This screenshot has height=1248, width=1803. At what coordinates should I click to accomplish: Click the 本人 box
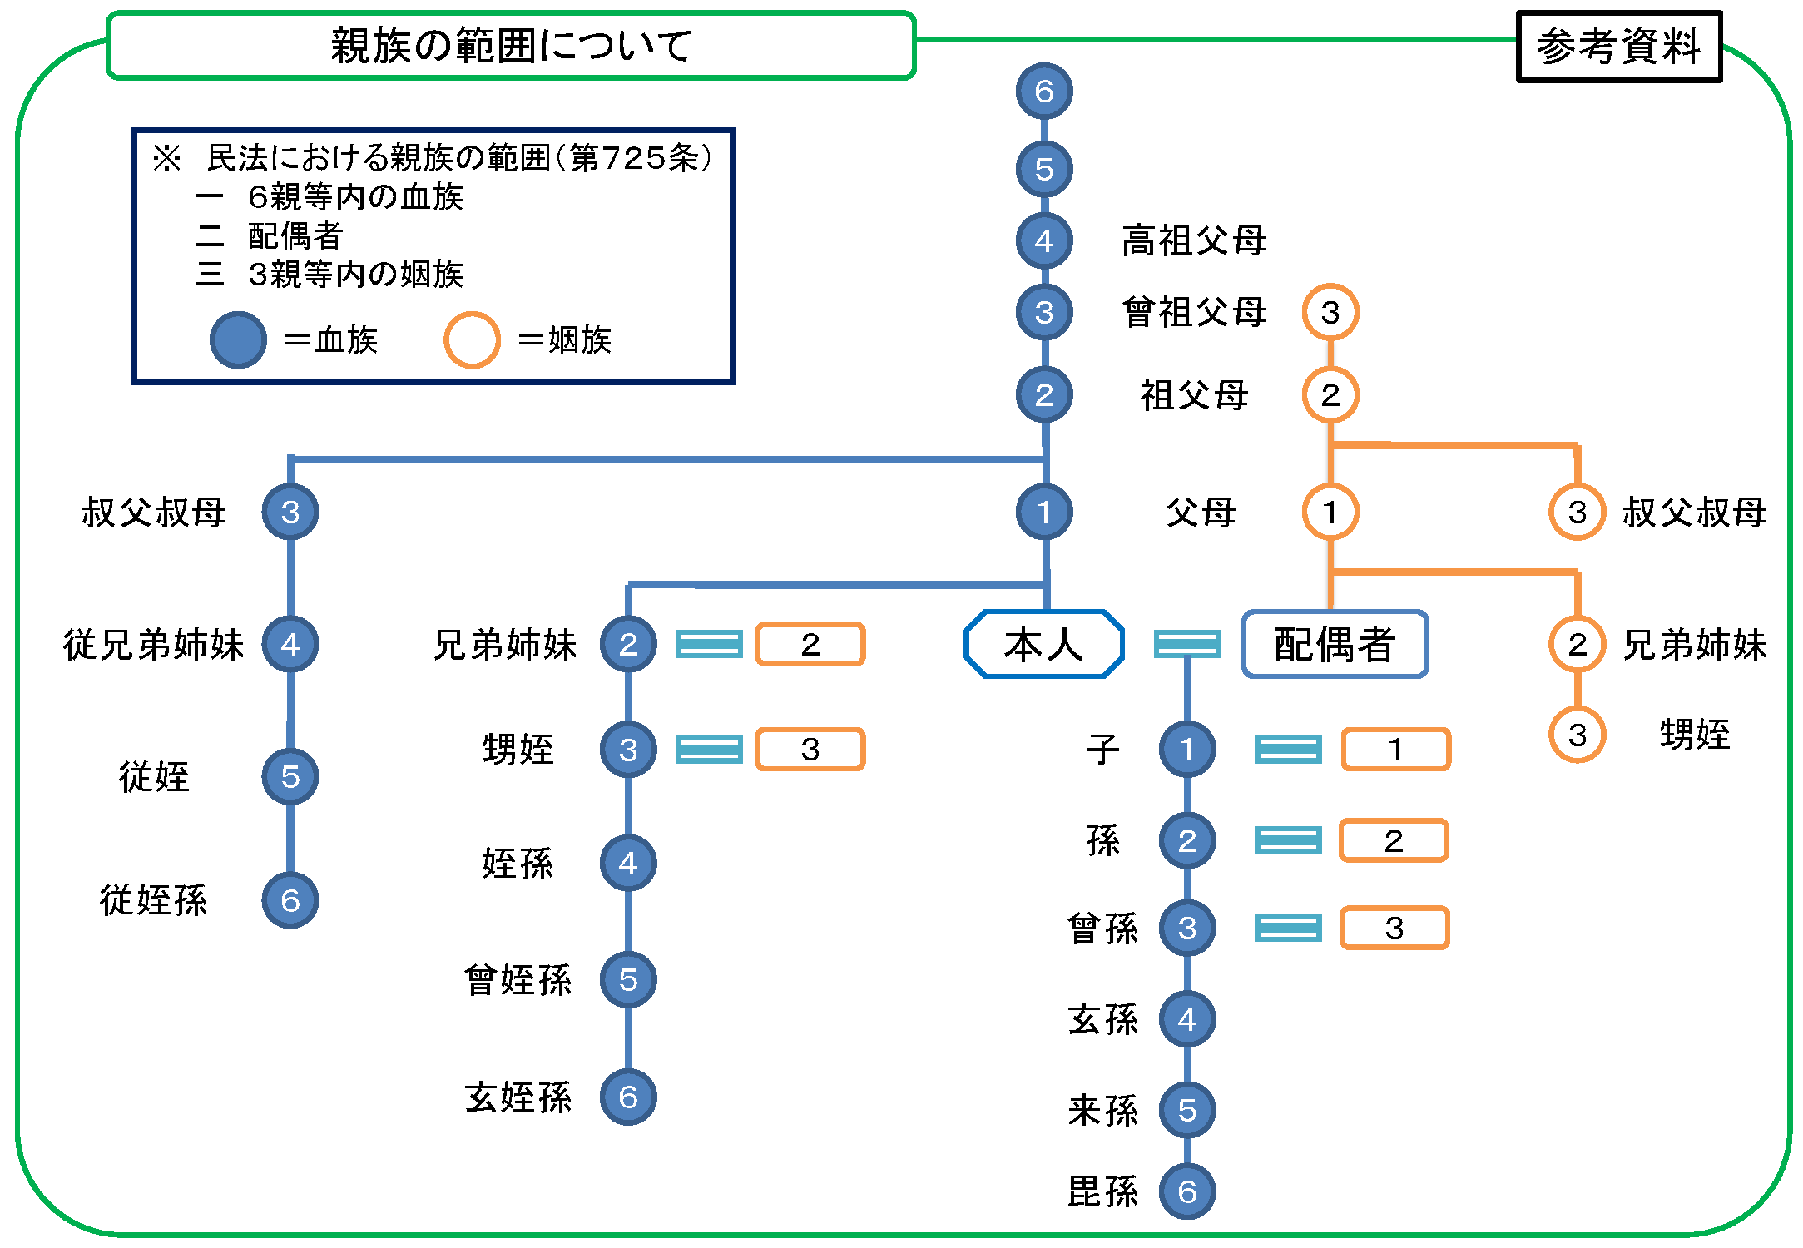pyautogui.click(x=1043, y=644)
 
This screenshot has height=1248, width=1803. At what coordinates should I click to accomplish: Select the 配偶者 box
pyautogui.click(x=1335, y=644)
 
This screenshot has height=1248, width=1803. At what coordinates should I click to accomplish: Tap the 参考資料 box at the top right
pyautogui.click(x=1618, y=47)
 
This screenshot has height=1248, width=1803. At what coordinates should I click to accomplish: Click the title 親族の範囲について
pyautogui.click(x=511, y=45)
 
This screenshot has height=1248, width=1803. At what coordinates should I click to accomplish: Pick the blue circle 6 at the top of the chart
pyautogui.click(x=1044, y=91)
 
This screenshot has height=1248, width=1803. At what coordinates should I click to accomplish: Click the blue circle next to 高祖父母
pyautogui.click(x=1044, y=240)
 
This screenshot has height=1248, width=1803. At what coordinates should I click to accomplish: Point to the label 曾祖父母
pyautogui.click(x=1194, y=313)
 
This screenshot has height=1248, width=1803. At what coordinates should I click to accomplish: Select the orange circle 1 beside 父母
pyautogui.click(x=1330, y=512)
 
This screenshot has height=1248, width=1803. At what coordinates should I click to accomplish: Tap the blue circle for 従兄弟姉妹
pyautogui.click(x=290, y=644)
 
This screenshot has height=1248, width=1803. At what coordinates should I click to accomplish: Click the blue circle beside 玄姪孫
pyautogui.click(x=628, y=1097)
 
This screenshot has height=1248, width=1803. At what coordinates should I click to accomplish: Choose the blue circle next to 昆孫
pyautogui.click(x=1187, y=1191)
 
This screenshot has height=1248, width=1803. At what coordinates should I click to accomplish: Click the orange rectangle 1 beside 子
pyautogui.click(x=1396, y=750)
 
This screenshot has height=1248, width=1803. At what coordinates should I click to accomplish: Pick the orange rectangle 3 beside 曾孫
pyautogui.click(x=1394, y=928)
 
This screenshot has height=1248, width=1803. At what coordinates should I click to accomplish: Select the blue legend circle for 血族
pyautogui.click(x=238, y=339)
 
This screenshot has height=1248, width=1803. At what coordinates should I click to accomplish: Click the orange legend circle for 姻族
pyautogui.click(x=472, y=339)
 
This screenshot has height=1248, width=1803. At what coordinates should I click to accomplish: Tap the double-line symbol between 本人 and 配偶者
pyautogui.click(x=1187, y=644)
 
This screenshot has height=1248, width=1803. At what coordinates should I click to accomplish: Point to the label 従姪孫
pyautogui.click(x=154, y=900)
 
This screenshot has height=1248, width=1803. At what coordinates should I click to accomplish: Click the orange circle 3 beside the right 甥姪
pyautogui.click(x=1577, y=735)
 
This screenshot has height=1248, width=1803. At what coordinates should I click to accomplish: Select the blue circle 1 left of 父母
pyautogui.click(x=1044, y=512)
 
